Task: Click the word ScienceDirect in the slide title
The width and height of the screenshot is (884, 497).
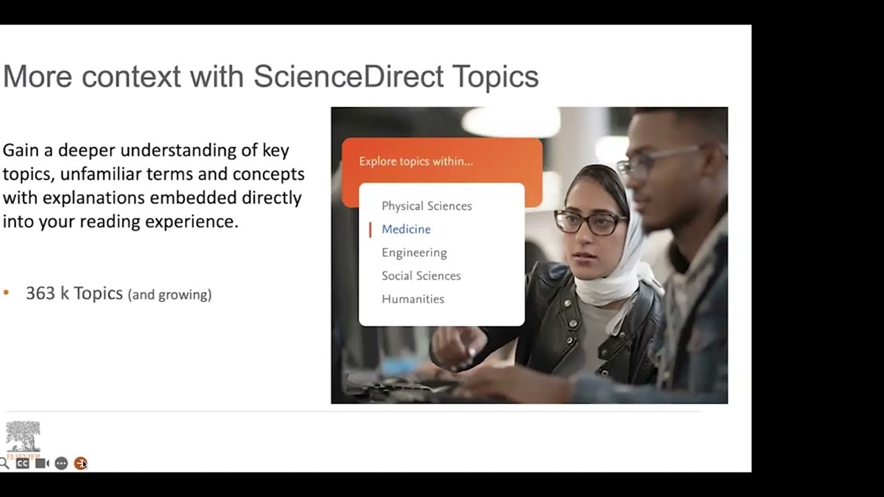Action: coord(348,76)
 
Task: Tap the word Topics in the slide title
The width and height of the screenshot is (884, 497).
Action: coord(495,76)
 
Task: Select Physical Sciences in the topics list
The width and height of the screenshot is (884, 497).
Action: coord(426,206)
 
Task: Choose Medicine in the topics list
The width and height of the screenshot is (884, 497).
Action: coord(406,229)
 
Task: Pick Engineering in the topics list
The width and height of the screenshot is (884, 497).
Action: coord(414,253)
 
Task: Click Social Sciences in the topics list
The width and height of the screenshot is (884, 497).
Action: coord(421,275)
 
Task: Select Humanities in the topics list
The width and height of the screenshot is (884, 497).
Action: coord(412,299)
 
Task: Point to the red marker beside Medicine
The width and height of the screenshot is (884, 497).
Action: coord(370,229)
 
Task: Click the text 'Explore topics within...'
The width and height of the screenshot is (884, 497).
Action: coord(416,162)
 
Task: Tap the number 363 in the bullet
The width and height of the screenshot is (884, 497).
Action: coord(40,293)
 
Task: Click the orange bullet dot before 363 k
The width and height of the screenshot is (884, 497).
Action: coord(6,293)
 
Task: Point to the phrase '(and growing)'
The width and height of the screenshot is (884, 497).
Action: coord(170,295)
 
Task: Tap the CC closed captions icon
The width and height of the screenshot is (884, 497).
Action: coord(22,463)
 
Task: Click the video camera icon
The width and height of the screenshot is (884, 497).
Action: coord(41,463)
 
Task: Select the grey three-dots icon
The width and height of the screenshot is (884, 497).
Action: coord(61,463)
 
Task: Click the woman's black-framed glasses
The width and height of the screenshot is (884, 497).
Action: coord(590,222)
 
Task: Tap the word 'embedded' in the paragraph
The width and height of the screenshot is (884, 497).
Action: coord(194,197)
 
